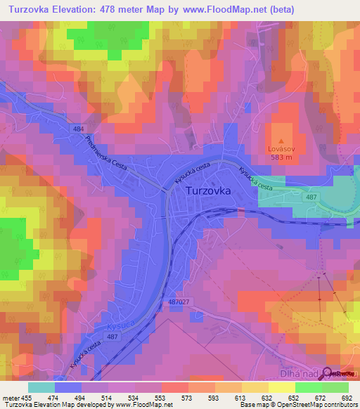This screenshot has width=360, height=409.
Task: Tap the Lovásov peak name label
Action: (x=283, y=148)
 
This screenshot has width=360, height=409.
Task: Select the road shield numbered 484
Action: (x=79, y=129)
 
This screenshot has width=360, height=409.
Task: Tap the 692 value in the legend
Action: (x=347, y=397)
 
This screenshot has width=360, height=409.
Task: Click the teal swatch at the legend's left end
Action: (x=41, y=387)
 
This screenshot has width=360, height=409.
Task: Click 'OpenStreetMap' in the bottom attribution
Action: (x=317, y=405)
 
